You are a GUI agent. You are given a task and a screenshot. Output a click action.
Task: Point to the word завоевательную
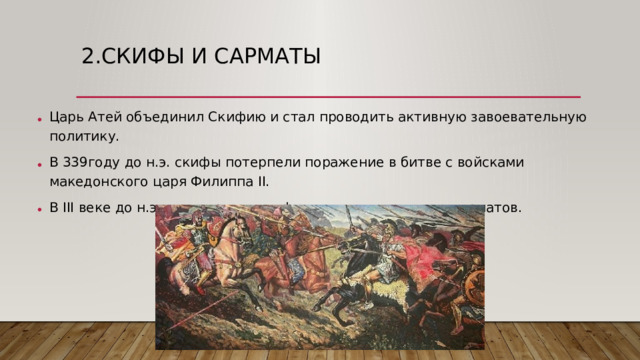[x=527, y=116]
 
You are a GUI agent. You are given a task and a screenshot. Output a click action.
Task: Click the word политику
[x=84, y=136]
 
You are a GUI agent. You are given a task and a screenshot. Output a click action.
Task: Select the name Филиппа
[x=201, y=182]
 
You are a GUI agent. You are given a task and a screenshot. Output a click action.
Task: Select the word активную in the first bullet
[x=427, y=116]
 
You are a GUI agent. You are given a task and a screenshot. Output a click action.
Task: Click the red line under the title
[x=320, y=96]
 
